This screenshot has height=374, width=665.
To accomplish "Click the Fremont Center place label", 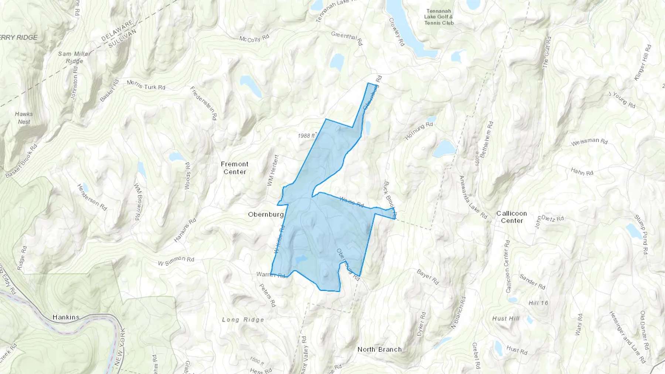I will click(x=235, y=168).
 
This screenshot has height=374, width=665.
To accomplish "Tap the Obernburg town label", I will click(x=266, y=215).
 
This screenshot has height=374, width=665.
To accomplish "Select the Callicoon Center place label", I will click(x=512, y=217).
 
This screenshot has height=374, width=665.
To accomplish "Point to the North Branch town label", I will click(x=379, y=349).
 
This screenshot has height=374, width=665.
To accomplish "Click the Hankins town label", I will click(x=66, y=317).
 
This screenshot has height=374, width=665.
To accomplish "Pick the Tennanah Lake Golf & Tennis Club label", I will click(x=439, y=17).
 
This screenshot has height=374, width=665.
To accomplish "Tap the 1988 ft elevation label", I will click(x=306, y=136).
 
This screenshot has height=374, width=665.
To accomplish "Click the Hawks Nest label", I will click(x=24, y=118).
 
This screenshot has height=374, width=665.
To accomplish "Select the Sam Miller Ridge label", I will click(x=74, y=57).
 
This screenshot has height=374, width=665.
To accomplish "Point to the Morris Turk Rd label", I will click(x=146, y=85).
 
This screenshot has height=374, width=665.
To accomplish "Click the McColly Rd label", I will click(x=254, y=38).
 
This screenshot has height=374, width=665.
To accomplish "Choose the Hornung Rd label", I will click(x=419, y=131).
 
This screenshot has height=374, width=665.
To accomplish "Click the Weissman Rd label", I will click(x=589, y=142).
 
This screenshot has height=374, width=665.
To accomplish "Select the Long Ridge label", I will click(x=243, y=320).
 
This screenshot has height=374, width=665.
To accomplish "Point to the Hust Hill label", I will click(x=506, y=319).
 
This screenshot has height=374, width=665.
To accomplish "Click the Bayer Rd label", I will click(x=427, y=277).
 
